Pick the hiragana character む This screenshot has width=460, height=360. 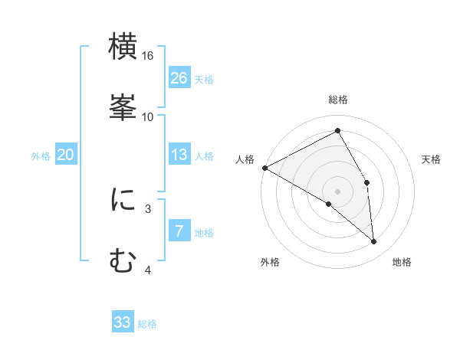(x=123, y=260)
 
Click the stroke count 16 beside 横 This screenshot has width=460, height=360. (x=148, y=56)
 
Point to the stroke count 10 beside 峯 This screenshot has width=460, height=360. (x=148, y=116)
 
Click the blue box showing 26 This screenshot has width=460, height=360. (x=179, y=77)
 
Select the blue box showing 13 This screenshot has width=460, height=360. (x=179, y=155)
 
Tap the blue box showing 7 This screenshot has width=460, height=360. (x=179, y=231)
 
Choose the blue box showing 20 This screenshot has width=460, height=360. (x=66, y=155)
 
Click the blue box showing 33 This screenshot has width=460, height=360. (x=123, y=322)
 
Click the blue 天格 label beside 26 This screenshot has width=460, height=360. (x=204, y=79)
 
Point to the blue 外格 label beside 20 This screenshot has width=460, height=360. (x=41, y=156)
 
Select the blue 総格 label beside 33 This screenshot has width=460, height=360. (x=147, y=324)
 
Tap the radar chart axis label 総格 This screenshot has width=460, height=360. (x=338, y=100)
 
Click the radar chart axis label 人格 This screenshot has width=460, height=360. (x=245, y=159)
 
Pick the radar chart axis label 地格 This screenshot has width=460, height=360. (x=402, y=263)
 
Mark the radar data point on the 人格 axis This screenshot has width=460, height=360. (x=264, y=168)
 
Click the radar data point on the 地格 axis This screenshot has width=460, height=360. (x=373, y=241)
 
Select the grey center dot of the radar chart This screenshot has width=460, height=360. (x=338, y=191)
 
